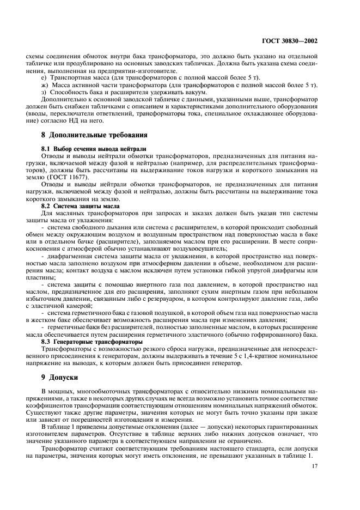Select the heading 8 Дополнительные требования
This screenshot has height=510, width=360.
tap(90, 135)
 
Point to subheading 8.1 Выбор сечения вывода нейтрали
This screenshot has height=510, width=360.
tap(93, 148)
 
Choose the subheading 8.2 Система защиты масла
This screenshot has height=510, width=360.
tap(82, 207)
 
